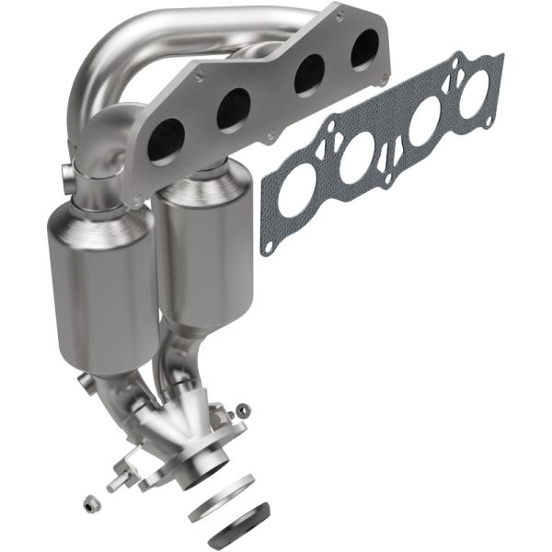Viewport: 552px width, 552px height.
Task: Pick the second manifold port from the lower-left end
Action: (234, 109)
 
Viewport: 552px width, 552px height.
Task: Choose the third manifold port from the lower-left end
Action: (309, 74)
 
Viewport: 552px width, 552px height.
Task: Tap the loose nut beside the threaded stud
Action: (90, 503)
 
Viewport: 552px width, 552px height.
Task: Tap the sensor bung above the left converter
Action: (65, 173)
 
